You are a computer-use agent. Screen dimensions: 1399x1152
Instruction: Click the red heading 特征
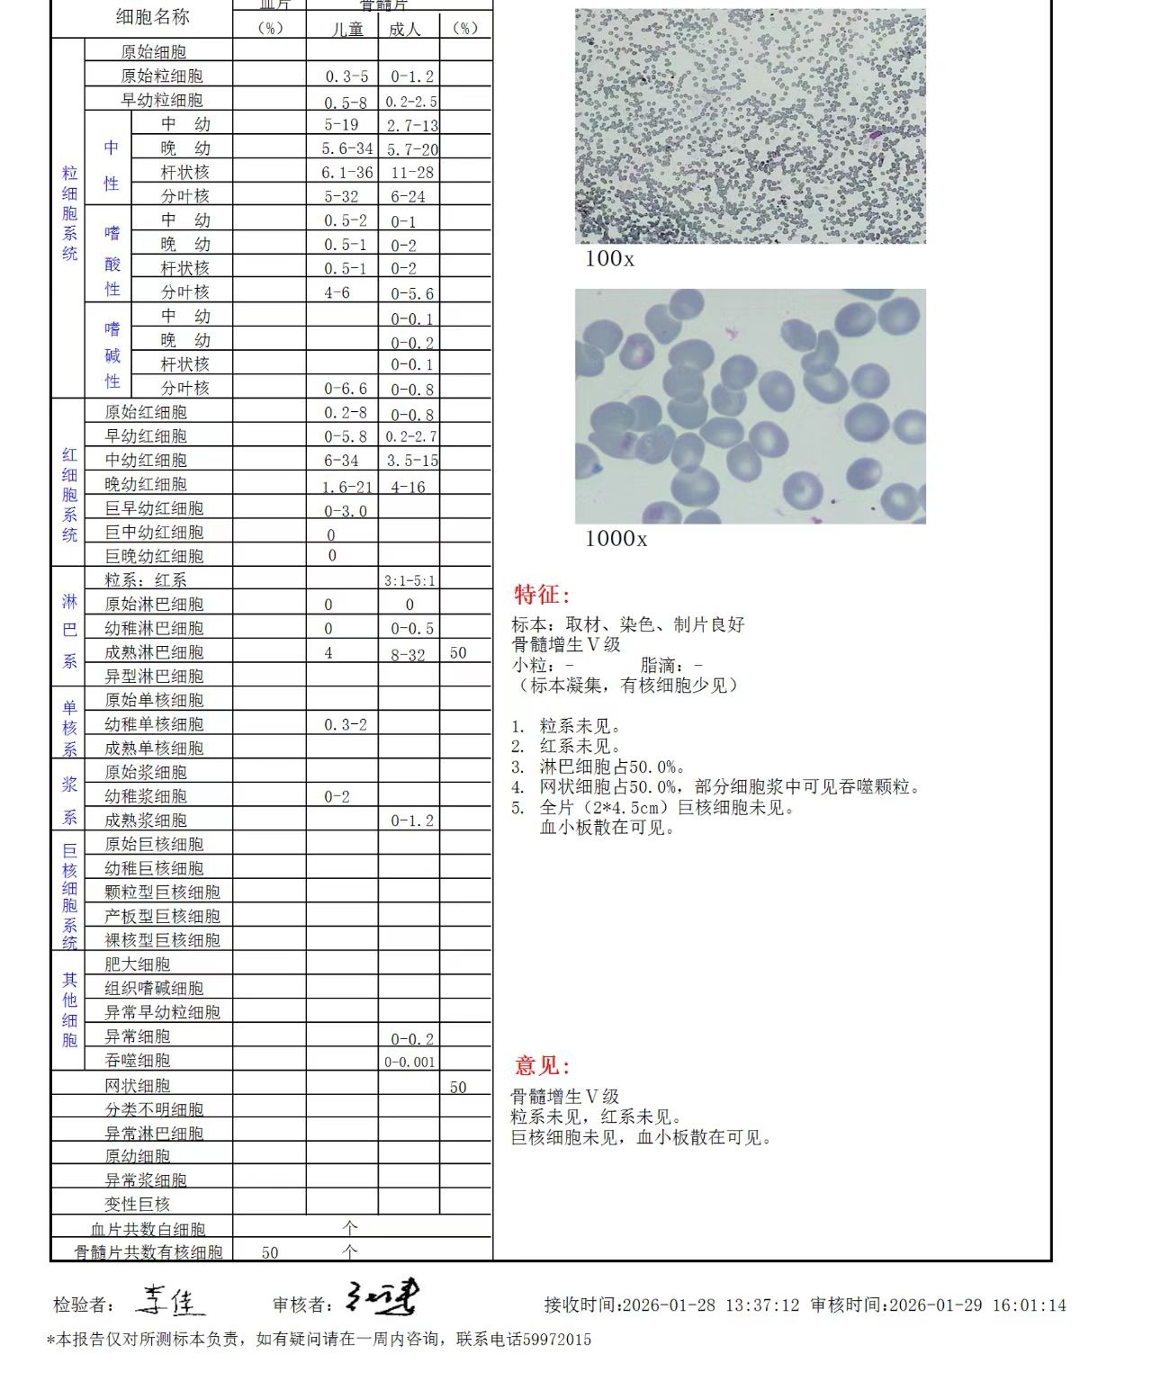pos(542,595)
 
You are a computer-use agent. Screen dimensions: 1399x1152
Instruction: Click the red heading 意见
pos(542,1066)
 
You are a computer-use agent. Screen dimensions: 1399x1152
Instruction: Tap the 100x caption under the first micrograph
pos(609,259)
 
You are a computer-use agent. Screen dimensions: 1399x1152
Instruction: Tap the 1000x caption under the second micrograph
pos(616,539)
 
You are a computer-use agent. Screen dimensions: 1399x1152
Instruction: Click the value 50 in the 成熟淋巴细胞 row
pos(458,653)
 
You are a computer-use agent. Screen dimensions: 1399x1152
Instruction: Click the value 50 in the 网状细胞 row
pos(458,1088)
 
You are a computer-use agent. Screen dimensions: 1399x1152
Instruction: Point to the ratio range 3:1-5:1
pos(409,581)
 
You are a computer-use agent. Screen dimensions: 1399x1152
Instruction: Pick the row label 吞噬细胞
pos(138,1061)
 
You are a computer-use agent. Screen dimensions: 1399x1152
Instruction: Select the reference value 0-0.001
pos(409,1062)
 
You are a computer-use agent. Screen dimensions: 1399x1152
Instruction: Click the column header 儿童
pos(347,30)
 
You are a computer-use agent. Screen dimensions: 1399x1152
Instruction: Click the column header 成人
pos(405,30)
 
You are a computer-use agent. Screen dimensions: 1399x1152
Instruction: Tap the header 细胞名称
pos(153,17)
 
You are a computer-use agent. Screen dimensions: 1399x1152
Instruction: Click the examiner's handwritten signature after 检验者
pos(171,1300)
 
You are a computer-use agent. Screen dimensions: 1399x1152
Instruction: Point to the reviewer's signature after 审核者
pos(382,1298)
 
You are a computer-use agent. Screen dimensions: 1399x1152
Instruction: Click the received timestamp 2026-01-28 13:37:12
pos(710,1305)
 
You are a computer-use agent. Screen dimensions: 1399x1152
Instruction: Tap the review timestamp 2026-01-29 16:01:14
pos(976,1305)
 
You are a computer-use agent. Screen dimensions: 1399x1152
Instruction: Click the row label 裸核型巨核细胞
pos(162,940)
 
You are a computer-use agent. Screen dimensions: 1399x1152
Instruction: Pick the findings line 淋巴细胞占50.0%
pos(612,767)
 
